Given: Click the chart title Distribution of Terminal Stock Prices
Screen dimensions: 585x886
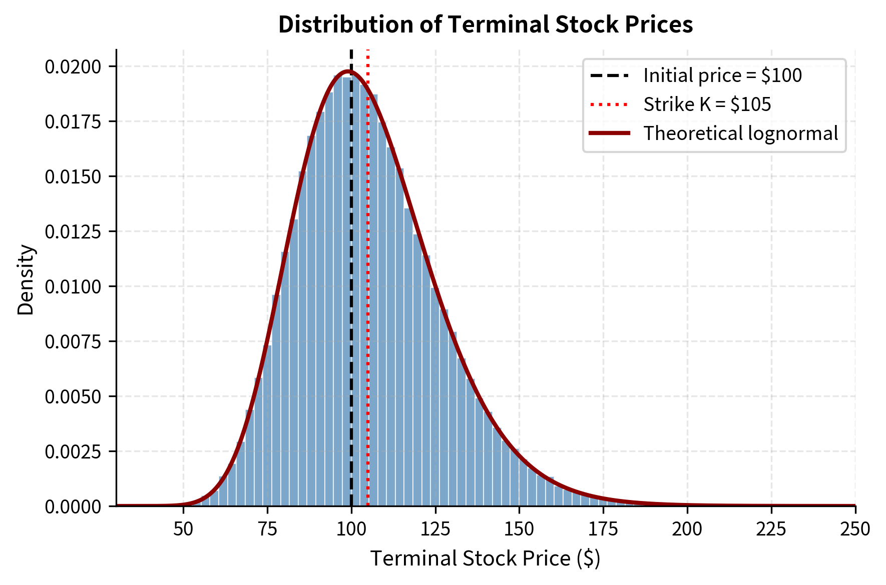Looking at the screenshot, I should click(485, 24).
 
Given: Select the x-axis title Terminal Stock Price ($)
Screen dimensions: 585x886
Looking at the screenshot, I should click(485, 558).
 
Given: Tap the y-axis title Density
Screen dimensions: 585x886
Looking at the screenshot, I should click(26, 279).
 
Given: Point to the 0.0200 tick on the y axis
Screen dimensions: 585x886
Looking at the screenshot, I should click(73, 66).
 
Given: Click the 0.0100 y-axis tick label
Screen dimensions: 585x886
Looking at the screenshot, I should click(73, 286).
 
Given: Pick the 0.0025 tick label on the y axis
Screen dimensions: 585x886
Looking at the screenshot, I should click(73, 451).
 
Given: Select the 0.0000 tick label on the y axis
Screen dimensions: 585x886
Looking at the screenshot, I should click(73, 506).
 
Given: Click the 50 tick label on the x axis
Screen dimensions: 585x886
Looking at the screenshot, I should click(183, 528).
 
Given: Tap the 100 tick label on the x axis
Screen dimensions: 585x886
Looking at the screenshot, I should click(351, 528).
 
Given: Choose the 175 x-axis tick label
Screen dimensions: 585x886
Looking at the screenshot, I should click(603, 528).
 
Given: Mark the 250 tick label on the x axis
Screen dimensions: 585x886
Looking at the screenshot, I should click(855, 528).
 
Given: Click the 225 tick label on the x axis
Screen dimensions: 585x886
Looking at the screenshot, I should click(771, 528).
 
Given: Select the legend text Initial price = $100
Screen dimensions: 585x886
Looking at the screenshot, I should click(722, 75).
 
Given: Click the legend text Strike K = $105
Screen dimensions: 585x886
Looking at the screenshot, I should click(707, 104).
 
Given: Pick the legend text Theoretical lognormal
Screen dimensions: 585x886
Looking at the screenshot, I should click(740, 133).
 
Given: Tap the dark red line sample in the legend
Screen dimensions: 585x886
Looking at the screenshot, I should click(609, 133).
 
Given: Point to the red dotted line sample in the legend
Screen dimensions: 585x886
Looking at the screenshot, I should click(609, 104).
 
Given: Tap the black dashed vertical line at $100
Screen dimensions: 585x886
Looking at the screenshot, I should click(351, 300).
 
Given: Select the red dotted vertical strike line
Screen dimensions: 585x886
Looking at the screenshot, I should click(368, 300).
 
